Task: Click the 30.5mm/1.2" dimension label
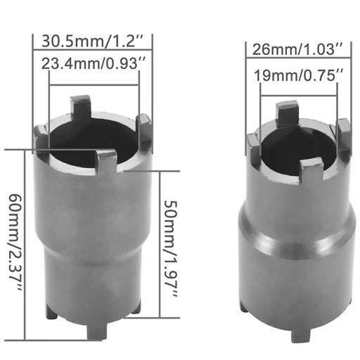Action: pyautogui.click(x=92, y=41)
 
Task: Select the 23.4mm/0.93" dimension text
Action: pyautogui.click(x=94, y=63)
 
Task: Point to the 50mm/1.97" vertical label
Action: pyautogui.click(x=170, y=248)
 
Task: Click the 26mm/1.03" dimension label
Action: pyautogui.click(x=297, y=49)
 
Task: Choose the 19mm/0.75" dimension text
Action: pyautogui.click(x=299, y=75)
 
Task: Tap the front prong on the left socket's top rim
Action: pyautogui.click(x=106, y=162)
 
